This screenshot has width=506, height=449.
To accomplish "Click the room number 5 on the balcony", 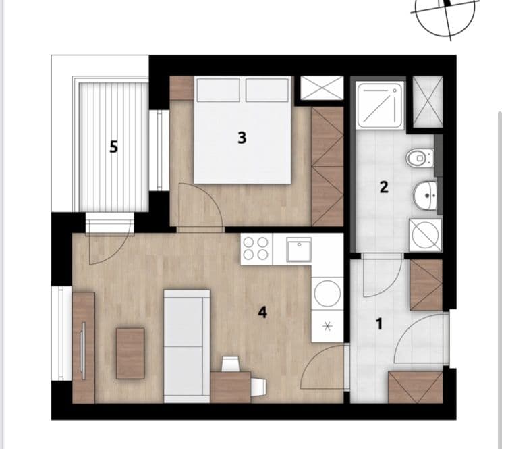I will pos(113,147).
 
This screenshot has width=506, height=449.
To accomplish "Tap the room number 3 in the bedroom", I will pos(242,138).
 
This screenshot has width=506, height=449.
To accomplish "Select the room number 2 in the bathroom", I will pos(383,187).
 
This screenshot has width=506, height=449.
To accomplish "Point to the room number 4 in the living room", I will pos(262,312).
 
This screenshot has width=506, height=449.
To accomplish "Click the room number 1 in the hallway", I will pos(378,325).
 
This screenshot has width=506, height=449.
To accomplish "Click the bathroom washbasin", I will pos(425,196).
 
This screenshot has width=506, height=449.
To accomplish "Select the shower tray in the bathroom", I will pos(381,105).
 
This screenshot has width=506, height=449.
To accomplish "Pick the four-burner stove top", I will pos(256,248).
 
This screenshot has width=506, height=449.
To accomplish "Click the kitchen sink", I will pos(298,249).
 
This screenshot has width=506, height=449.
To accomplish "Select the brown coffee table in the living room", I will pos(130,353).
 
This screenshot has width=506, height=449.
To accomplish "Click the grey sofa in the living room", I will pos(187,345).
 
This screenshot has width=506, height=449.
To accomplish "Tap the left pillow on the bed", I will pos(218,90).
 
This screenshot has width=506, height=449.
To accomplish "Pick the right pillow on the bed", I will pos(267,90).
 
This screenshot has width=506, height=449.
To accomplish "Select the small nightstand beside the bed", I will pos(181,88).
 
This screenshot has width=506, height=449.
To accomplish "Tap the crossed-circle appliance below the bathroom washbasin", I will pos(425,234).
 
